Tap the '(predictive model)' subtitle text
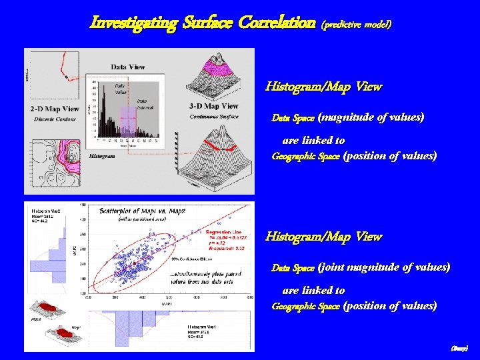tap(357, 24)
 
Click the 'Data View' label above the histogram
tap(128, 67)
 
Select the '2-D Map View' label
tap(55, 109)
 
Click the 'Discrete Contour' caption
tap(54, 119)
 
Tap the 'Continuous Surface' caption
tap(214, 116)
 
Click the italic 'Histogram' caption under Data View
tap(101, 156)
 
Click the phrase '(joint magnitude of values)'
tap(384, 267)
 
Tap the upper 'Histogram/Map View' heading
tap(323, 87)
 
